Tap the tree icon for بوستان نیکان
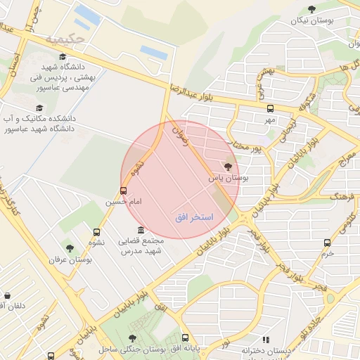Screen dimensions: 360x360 (311, 9)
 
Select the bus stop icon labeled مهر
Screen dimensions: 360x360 (271, 108)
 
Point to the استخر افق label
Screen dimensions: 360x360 (194, 219)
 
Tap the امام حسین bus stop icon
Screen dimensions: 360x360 (124, 190)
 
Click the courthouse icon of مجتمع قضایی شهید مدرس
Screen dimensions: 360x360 (141, 231)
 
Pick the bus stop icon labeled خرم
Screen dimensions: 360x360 (327, 243)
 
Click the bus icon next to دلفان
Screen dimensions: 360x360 (7, 296)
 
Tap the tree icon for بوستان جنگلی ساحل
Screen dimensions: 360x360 (132, 338)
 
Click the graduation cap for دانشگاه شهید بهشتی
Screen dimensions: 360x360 (63, 58)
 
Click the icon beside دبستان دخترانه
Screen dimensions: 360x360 (266, 340)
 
